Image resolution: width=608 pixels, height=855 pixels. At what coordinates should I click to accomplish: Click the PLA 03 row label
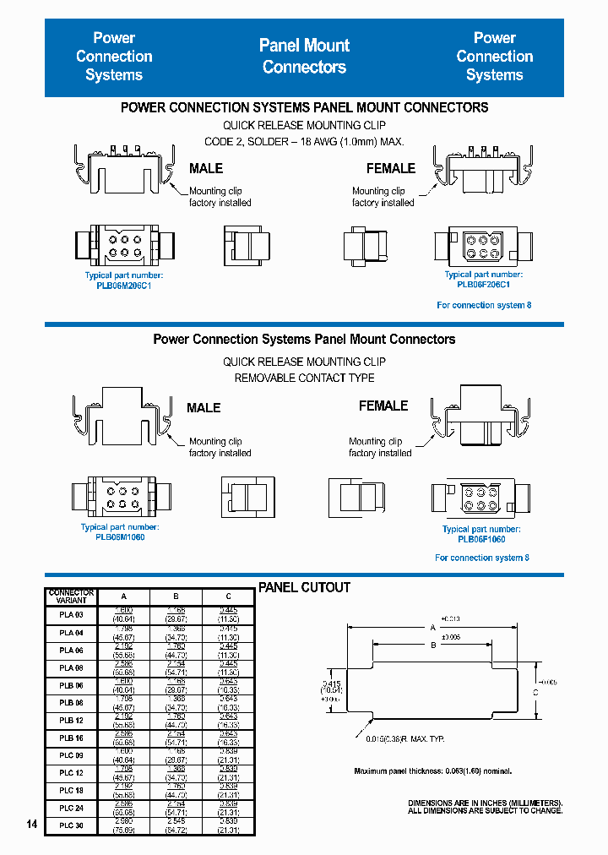(x=71, y=614)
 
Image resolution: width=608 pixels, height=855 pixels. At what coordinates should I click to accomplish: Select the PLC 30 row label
(x=71, y=825)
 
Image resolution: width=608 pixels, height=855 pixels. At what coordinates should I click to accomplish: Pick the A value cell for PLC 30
(x=122, y=825)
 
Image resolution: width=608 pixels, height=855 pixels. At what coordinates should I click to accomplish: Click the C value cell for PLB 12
(x=229, y=720)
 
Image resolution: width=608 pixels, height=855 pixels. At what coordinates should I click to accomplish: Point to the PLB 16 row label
(x=71, y=738)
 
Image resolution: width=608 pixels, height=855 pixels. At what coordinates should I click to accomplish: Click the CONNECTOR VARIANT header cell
(x=71, y=596)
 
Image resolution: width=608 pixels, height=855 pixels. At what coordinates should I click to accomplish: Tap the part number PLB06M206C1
(x=123, y=286)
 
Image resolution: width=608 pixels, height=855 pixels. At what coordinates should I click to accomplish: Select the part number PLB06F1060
(x=481, y=539)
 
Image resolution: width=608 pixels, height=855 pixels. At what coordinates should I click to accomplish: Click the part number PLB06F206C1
(x=483, y=285)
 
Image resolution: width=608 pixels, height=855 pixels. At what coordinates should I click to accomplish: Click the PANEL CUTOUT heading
(x=304, y=587)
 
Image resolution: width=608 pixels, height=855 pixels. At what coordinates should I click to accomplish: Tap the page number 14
(x=32, y=825)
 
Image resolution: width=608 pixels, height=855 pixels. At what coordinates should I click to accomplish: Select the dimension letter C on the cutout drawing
(x=535, y=691)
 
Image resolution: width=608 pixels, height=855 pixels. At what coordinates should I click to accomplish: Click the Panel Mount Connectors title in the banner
(x=304, y=56)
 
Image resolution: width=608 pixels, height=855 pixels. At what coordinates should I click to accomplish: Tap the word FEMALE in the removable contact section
(x=383, y=406)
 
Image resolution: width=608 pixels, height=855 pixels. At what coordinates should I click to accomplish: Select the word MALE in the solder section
(x=206, y=168)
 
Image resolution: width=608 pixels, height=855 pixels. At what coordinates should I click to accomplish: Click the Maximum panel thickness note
(x=432, y=771)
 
